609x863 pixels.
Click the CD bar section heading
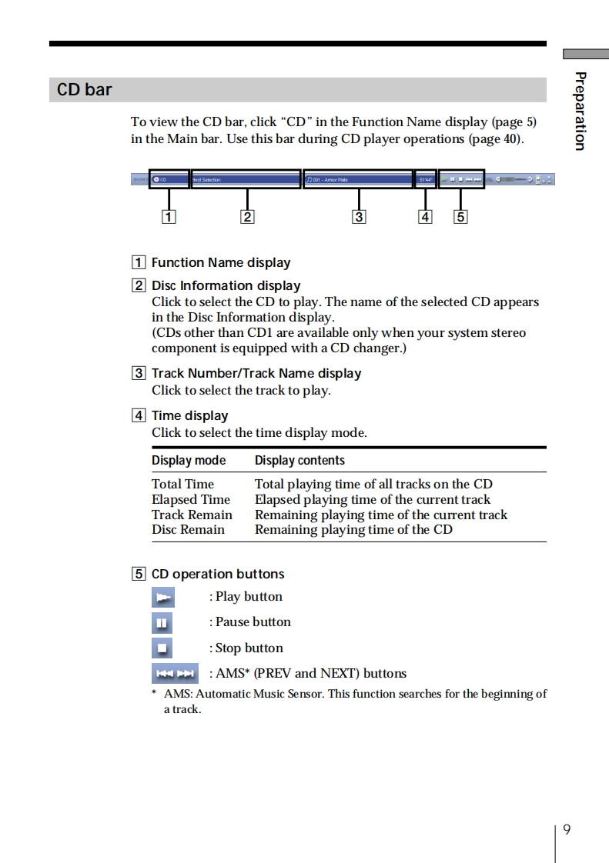pos(85,90)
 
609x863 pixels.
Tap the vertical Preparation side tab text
pos(581,111)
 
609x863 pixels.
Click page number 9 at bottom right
pos(567,829)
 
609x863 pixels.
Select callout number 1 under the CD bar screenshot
pos(168,217)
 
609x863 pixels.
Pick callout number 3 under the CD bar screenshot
pos(358,217)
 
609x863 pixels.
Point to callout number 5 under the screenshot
pos(460,217)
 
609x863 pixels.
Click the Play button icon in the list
pos(162,597)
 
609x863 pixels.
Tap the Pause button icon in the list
pos(162,622)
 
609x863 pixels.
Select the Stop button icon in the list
pos(162,648)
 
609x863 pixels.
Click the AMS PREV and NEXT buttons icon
pos(175,674)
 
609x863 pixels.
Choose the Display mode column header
pos(189,461)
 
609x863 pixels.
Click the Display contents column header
pos(299,461)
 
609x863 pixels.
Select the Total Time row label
pos(182,484)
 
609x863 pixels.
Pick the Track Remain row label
pos(192,515)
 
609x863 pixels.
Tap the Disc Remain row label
pos(188,529)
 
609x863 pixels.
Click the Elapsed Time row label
pos(190,499)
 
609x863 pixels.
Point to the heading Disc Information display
pos(226,285)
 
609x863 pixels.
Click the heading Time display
pos(189,416)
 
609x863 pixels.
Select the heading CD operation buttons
pos(218,574)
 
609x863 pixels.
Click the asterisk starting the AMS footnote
pos(154,692)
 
